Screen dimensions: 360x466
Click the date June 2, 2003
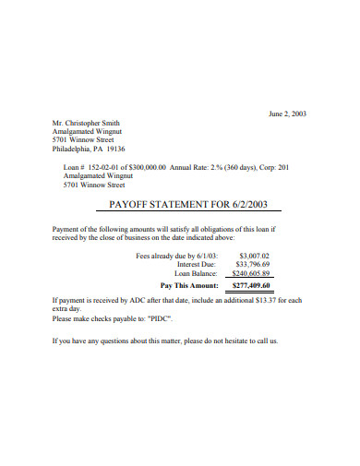click(286, 114)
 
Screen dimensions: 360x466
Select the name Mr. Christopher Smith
click(86, 123)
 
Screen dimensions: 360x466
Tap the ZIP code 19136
click(115, 149)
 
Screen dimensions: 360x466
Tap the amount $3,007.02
click(254, 255)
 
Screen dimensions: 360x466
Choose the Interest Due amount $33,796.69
click(252, 264)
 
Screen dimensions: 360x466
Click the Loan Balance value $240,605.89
click(251, 273)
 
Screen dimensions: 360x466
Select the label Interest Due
click(197, 264)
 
